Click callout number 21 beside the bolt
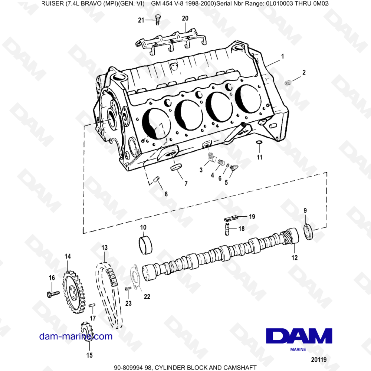[x=141, y=20]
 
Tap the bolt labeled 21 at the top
[x=157, y=19]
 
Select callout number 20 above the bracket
[x=185, y=19]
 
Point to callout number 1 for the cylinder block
[x=282, y=56]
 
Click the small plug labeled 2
[x=288, y=83]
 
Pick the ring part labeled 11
[x=259, y=142]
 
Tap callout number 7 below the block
[x=186, y=184]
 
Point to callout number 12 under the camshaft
[x=294, y=257]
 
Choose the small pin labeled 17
[x=92, y=305]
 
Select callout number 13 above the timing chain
[x=104, y=247]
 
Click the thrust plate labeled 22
[x=135, y=277]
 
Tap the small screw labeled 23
[x=128, y=289]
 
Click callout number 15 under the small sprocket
[x=89, y=355]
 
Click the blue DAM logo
[x=299, y=336]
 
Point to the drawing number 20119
[x=319, y=359]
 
